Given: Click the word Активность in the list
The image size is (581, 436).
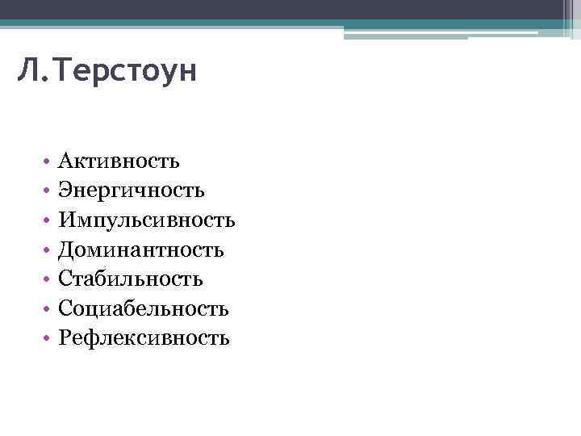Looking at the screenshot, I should coord(119,161).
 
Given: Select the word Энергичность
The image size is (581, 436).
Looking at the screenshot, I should coord(131,191).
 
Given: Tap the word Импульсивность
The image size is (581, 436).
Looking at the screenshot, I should coord(146,220).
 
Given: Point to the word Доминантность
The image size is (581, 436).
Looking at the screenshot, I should coord(140,249).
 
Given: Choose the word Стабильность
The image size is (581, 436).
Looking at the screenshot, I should coord(130,279).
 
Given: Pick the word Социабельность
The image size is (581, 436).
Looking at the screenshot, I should coord(143,308).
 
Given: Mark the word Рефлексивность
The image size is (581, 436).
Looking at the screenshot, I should coord(144,337).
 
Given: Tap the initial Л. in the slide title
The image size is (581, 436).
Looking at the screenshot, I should coord(30,74).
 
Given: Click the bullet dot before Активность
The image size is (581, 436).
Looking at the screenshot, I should coord(48,162).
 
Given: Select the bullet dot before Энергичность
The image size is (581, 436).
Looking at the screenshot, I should coord(48,192).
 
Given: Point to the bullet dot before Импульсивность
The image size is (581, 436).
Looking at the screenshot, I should coord(48,221).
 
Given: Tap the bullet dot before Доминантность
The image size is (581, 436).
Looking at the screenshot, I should coord(48,251).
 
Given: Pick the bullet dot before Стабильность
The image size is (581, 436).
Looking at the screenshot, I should coord(48,280).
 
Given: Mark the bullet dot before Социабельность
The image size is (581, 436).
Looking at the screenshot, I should coord(48,309).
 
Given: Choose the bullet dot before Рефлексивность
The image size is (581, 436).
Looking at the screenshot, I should coord(48,339).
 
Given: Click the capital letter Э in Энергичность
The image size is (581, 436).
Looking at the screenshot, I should coord(65,191).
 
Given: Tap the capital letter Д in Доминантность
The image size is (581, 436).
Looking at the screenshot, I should coord(65,250).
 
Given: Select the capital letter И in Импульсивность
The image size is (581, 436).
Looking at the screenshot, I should coord(66,220).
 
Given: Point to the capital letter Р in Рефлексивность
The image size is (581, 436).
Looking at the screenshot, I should coord(64,337).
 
